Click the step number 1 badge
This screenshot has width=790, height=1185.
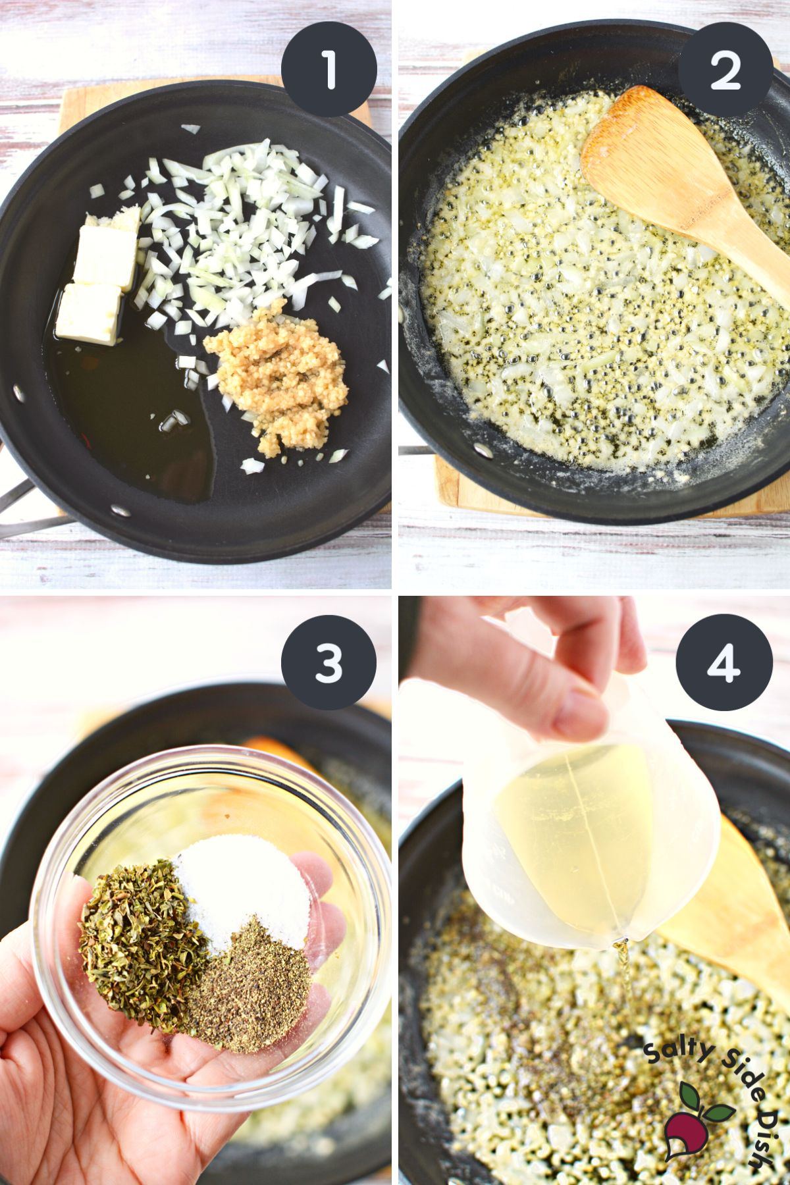[329, 68]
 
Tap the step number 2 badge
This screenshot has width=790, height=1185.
[725, 68]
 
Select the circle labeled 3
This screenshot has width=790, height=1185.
[329, 662]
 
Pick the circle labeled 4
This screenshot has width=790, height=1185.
[725, 662]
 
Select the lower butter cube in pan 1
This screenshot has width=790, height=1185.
[88, 313]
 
